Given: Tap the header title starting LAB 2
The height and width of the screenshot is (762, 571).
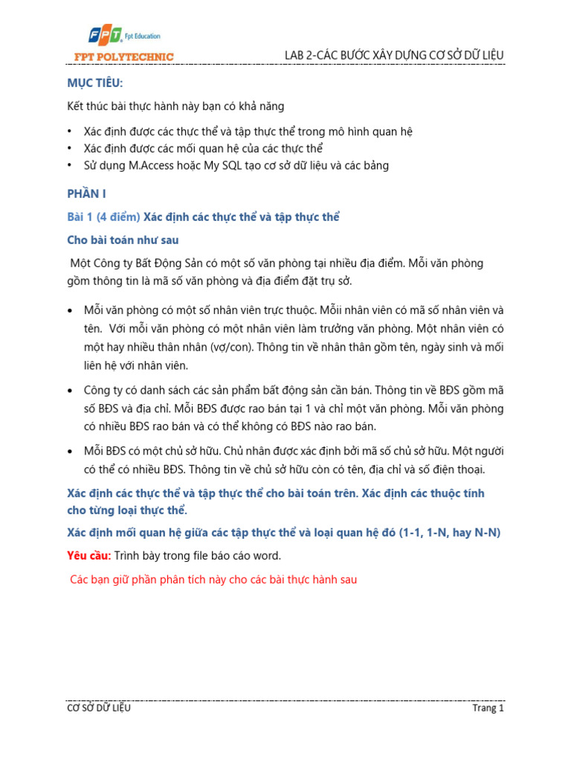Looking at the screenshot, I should [394, 56].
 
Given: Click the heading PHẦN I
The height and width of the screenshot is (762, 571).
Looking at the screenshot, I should [87, 193].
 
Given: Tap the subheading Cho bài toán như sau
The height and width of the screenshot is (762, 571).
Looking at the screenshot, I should [123, 240].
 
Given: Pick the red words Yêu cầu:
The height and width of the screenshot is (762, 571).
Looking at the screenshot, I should [89, 556].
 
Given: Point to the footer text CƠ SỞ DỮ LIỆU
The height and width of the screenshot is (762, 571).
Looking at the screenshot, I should [99, 708].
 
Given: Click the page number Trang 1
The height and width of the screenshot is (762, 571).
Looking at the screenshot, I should [488, 708].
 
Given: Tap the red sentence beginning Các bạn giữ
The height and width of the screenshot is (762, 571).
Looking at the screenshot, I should [213, 579].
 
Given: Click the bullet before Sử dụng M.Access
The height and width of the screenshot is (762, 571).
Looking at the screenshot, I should [70, 165].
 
